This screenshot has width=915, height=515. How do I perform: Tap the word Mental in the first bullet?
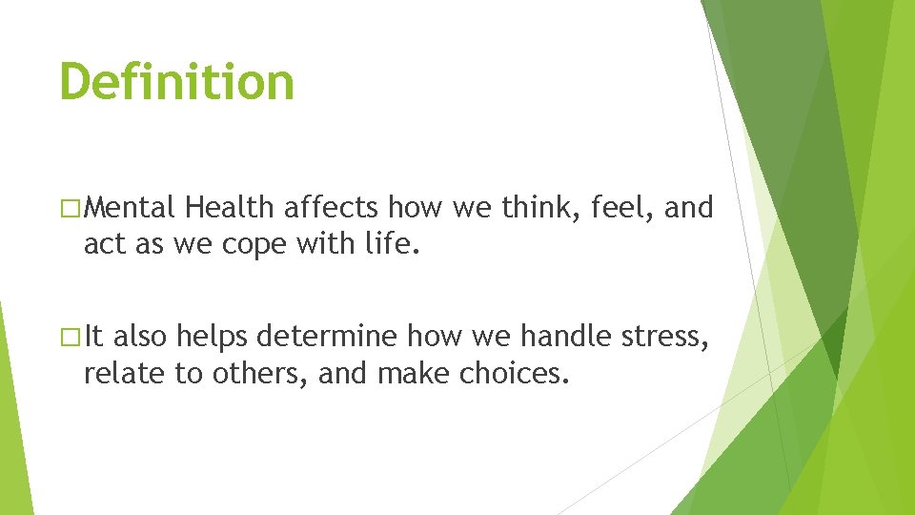click(134, 207)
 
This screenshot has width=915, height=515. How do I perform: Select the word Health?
click(231, 207)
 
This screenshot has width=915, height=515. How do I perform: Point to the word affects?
click(332, 207)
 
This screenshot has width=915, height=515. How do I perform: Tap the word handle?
click(566, 336)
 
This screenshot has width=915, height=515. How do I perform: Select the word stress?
click(669, 337)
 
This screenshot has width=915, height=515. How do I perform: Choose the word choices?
click(515, 374)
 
